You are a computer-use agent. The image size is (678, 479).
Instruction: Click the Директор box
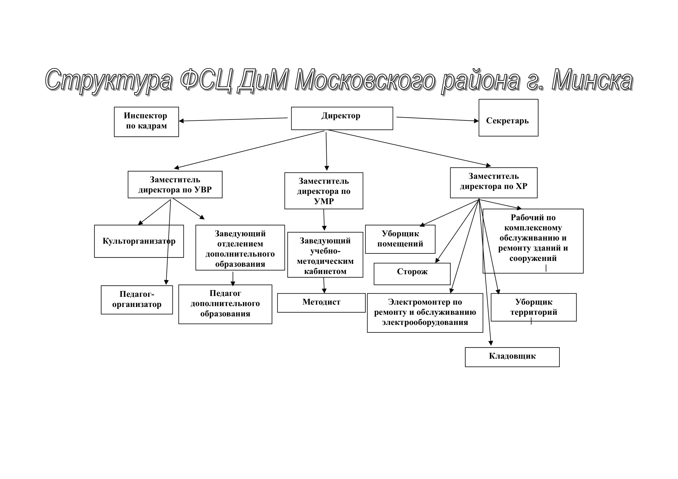(x=342, y=118)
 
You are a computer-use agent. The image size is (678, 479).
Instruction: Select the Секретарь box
(x=508, y=118)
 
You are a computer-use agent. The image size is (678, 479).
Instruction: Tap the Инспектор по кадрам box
(x=146, y=122)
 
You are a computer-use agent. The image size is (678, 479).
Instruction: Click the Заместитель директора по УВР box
(x=175, y=184)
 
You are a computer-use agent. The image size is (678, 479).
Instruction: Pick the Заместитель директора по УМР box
(x=324, y=191)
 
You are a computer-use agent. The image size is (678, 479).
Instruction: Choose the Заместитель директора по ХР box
(x=494, y=182)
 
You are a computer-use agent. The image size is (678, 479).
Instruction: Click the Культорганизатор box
(x=139, y=241)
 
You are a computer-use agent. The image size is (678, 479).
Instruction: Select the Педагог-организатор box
(x=137, y=300)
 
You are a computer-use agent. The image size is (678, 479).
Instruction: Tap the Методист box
(x=321, y=303)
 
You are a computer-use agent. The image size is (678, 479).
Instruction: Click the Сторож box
(x=412, y=274)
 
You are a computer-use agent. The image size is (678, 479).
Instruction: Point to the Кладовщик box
(x=512, y=357)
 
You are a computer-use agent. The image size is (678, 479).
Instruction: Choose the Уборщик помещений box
(x=400, y=239)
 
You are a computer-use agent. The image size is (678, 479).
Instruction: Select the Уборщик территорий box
(x=534, y=307)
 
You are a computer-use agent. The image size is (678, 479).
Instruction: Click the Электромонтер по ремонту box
(x=425, y=313)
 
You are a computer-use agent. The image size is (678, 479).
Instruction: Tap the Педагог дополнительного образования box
(x=225, y=304)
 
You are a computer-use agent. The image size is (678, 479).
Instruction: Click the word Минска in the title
(x=592, y=80)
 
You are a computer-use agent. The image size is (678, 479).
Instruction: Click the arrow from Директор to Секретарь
(x=437, y=119)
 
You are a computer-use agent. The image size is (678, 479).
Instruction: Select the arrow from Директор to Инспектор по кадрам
(x=233, y=119)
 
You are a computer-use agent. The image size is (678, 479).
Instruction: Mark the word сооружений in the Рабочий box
(x=533, y=258)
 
